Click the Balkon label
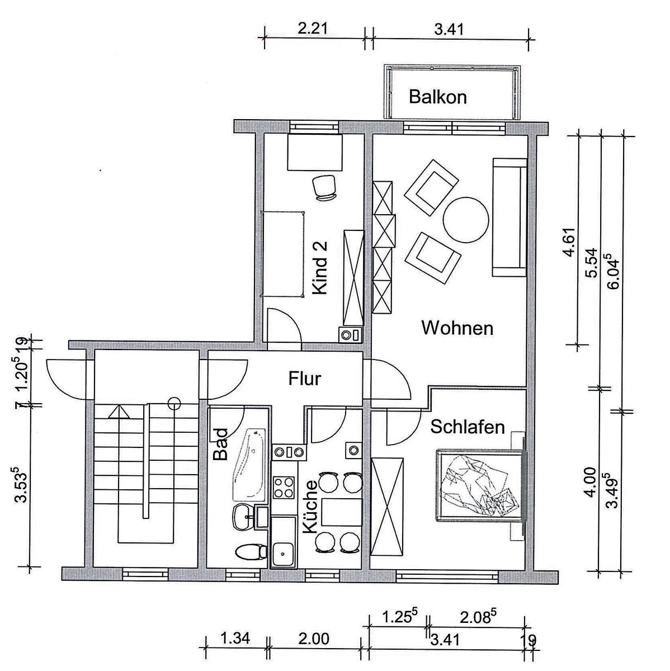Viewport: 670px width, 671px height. tap(437, 97)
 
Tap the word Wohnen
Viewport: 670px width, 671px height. tap(457, 328)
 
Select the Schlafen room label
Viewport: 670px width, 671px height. tap(468, 427)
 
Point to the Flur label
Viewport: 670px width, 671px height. tap(304, 379)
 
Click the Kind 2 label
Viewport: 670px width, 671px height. tap(320, 268)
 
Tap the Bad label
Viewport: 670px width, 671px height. tap(220, 445)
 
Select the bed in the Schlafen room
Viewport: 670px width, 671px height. tap(481, 485)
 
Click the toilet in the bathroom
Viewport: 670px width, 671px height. tap(251, 552)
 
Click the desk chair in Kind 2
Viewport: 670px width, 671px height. tap(324, 188)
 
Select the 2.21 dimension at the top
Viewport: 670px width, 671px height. tap(313, 29)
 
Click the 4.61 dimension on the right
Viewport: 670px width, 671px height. tap(569, 242)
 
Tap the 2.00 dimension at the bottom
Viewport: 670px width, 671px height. tap(314, 639)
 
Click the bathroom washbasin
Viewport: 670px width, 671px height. tap(243, 516)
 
